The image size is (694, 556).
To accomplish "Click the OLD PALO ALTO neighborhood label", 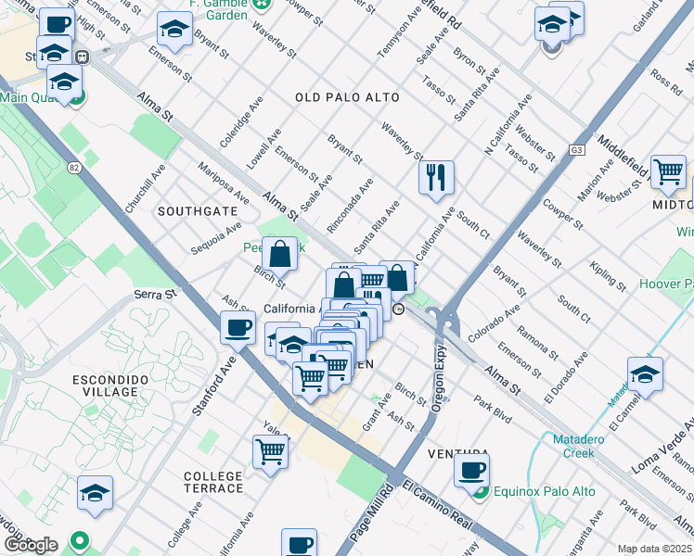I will tap(347, 97).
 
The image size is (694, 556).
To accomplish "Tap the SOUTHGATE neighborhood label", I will tap(198, 211).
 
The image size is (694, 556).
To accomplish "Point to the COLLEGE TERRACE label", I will tap(213, 482).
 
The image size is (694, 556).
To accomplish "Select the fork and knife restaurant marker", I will tap(436, 176).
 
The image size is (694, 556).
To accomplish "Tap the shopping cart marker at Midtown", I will tap(668, 171).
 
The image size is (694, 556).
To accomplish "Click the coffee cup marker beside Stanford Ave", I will tap(238, 326).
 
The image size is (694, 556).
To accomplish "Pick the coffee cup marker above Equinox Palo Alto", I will tap(472, 470).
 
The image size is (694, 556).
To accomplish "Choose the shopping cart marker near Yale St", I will tap(270, 452).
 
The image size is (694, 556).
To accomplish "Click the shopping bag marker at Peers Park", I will tap(279, 252).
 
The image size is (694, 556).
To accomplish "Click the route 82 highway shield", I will tap(73, 168).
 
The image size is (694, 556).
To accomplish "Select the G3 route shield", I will tap(577, 149).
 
